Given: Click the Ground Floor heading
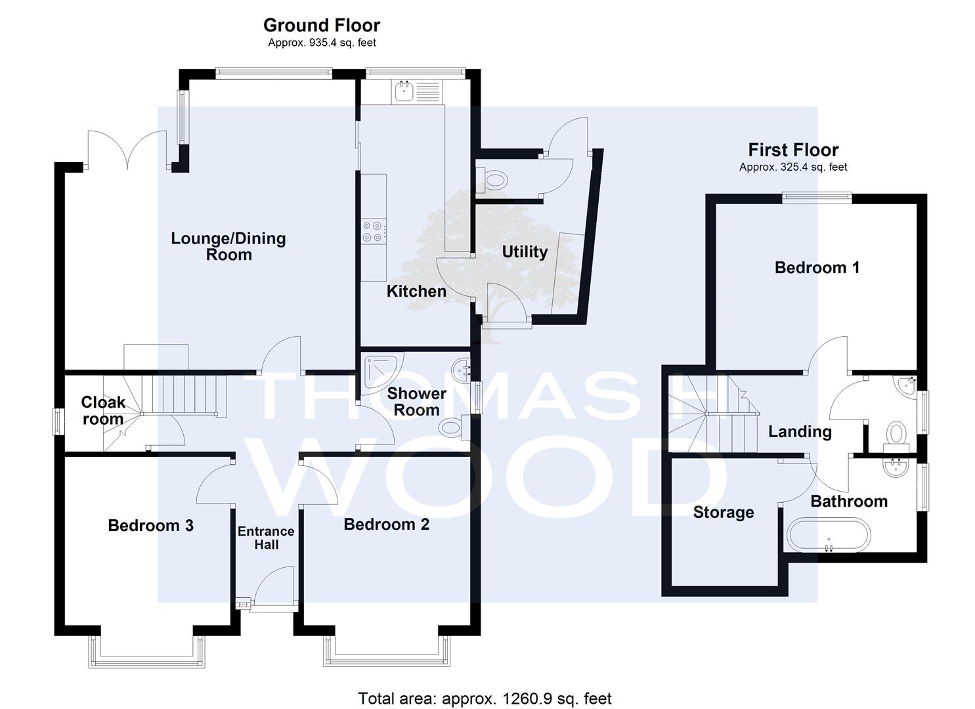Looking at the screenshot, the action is pyautogui.click(x=322, y=25).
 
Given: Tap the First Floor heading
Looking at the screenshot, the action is pyautogui.click(x=793, y=150).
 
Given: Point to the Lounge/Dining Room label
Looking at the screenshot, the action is pyautogui.click(x=228, y=246).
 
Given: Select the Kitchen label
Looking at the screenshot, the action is pyautogui.click(x=416, y=291).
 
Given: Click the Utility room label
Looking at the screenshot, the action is pyautogui.click(x=525, y=251).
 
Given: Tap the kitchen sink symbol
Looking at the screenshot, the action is pyautogui.click(x=404, y=91).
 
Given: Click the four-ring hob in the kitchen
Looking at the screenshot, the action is pyautogui.click(x=374, y=232).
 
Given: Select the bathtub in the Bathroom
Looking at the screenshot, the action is pyautogui.click(x=829, y=535).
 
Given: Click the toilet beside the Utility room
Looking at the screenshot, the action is pyautogui.click(x=492, y=179).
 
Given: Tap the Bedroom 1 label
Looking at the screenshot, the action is pyautogui.click(x=817, y=267).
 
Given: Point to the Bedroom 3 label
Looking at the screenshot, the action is pyautogui.click(x=150, y=525).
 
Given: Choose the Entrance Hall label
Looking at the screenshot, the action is pyautogui.click(x=266, y=538).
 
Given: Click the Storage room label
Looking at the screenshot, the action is pyautogui.click(x=724, y=512).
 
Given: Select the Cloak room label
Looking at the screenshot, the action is pyautogui.click(x=103, y=410).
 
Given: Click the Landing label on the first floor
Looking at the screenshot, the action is pyautogui.click(x=800, y=431).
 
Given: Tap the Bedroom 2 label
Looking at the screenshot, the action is pyautogui.click(x=387, y=525).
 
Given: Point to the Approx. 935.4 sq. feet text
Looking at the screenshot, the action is pyautogui.click(x=322, y=43).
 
